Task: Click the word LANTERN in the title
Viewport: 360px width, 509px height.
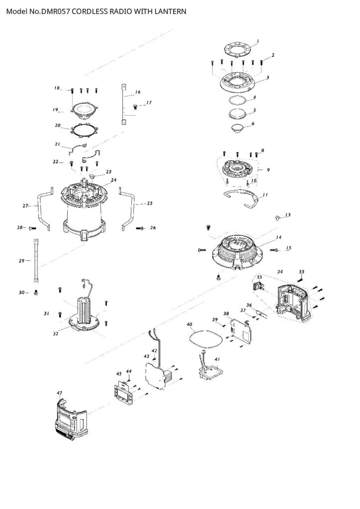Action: pyautogui.click(x=170, y=11)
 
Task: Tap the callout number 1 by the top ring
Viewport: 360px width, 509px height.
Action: pyautogui.click(x=258, y=41)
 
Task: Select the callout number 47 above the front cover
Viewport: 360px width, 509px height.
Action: pyautogui.click(x=59, y=393)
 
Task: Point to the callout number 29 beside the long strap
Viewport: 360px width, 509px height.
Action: pyautogui.click(x=22, y=260)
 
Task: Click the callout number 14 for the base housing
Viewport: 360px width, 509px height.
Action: pyautogui.click(x=278, y=238)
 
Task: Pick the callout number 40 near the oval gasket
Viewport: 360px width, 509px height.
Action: pyautogui.click(x=189, y=324)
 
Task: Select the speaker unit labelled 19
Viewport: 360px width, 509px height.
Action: pyautogui.click(x=84, y=110)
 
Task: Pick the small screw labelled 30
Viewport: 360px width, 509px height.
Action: pyautogui.click(x=36, y=292)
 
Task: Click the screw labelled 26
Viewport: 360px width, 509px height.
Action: pyautogui.click(x=140, y=228)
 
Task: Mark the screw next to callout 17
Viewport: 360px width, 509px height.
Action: pyautogui.click(x=135, y=105)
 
